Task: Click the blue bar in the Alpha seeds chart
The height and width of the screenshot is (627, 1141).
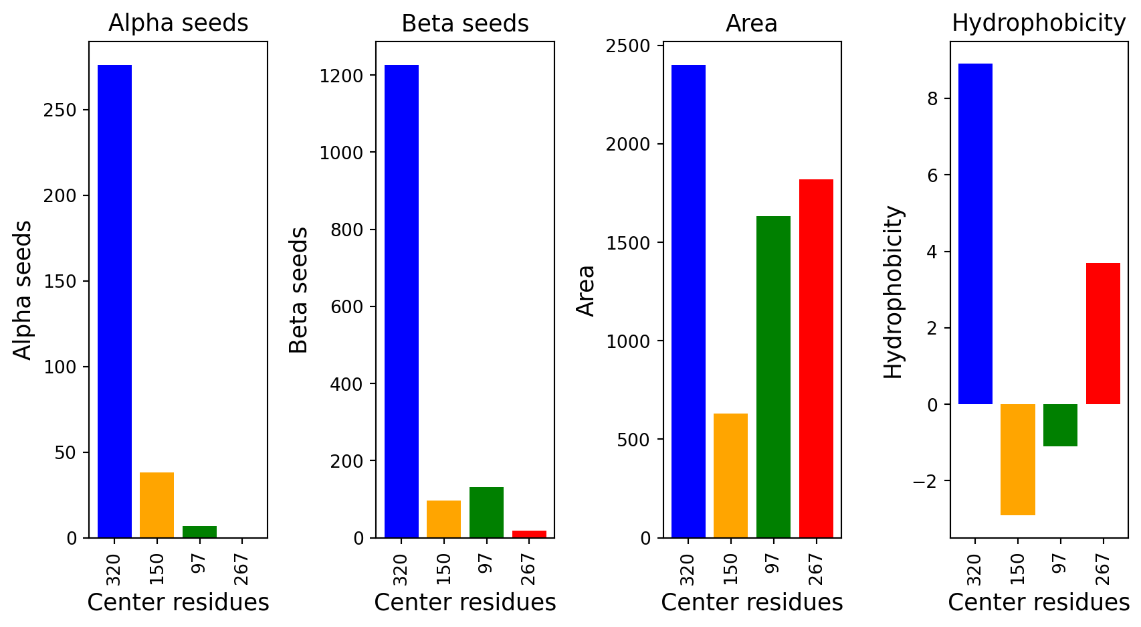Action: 114,301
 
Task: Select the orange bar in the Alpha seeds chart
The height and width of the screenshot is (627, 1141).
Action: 157,505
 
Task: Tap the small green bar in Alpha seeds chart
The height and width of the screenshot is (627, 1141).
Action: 200,532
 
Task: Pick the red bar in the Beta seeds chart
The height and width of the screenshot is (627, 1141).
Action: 529,534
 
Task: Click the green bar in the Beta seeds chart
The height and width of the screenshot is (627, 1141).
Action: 486,513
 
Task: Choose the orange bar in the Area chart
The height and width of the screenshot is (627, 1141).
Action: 730,476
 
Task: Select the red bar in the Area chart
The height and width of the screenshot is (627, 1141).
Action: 816,359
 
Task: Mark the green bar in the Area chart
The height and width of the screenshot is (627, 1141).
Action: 773,377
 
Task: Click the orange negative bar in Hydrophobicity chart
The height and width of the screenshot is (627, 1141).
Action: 1018,460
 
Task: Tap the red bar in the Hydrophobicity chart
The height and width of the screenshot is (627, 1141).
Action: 1103,333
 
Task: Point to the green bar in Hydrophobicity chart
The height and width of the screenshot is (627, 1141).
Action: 1061,425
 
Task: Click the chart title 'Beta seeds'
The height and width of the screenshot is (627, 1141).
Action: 465,23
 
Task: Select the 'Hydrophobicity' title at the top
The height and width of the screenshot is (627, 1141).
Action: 1039,23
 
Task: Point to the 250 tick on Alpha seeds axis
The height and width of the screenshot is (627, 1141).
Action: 60,110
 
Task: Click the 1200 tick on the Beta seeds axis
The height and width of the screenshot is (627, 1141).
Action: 341,76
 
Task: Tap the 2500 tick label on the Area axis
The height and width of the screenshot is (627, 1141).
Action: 628,46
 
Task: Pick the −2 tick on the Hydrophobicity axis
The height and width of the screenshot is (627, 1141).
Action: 925,480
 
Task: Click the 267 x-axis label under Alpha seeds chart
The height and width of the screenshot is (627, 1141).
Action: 241,570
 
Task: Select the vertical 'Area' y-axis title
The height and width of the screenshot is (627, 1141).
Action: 585,290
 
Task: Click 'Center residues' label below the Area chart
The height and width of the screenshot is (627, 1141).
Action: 752,602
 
